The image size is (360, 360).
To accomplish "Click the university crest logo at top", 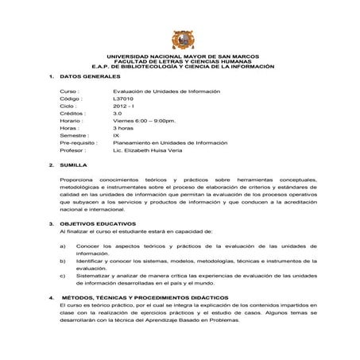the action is (180, 40).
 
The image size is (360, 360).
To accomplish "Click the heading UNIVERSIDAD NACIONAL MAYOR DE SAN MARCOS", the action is (182, 57).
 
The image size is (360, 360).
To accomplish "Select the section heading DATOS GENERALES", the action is (90, 76).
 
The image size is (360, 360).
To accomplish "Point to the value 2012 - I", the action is (126, 106).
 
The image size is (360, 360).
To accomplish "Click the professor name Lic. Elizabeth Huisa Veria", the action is (149, 149).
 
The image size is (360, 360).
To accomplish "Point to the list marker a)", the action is (63, 246).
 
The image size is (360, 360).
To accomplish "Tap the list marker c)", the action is (63, 275).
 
